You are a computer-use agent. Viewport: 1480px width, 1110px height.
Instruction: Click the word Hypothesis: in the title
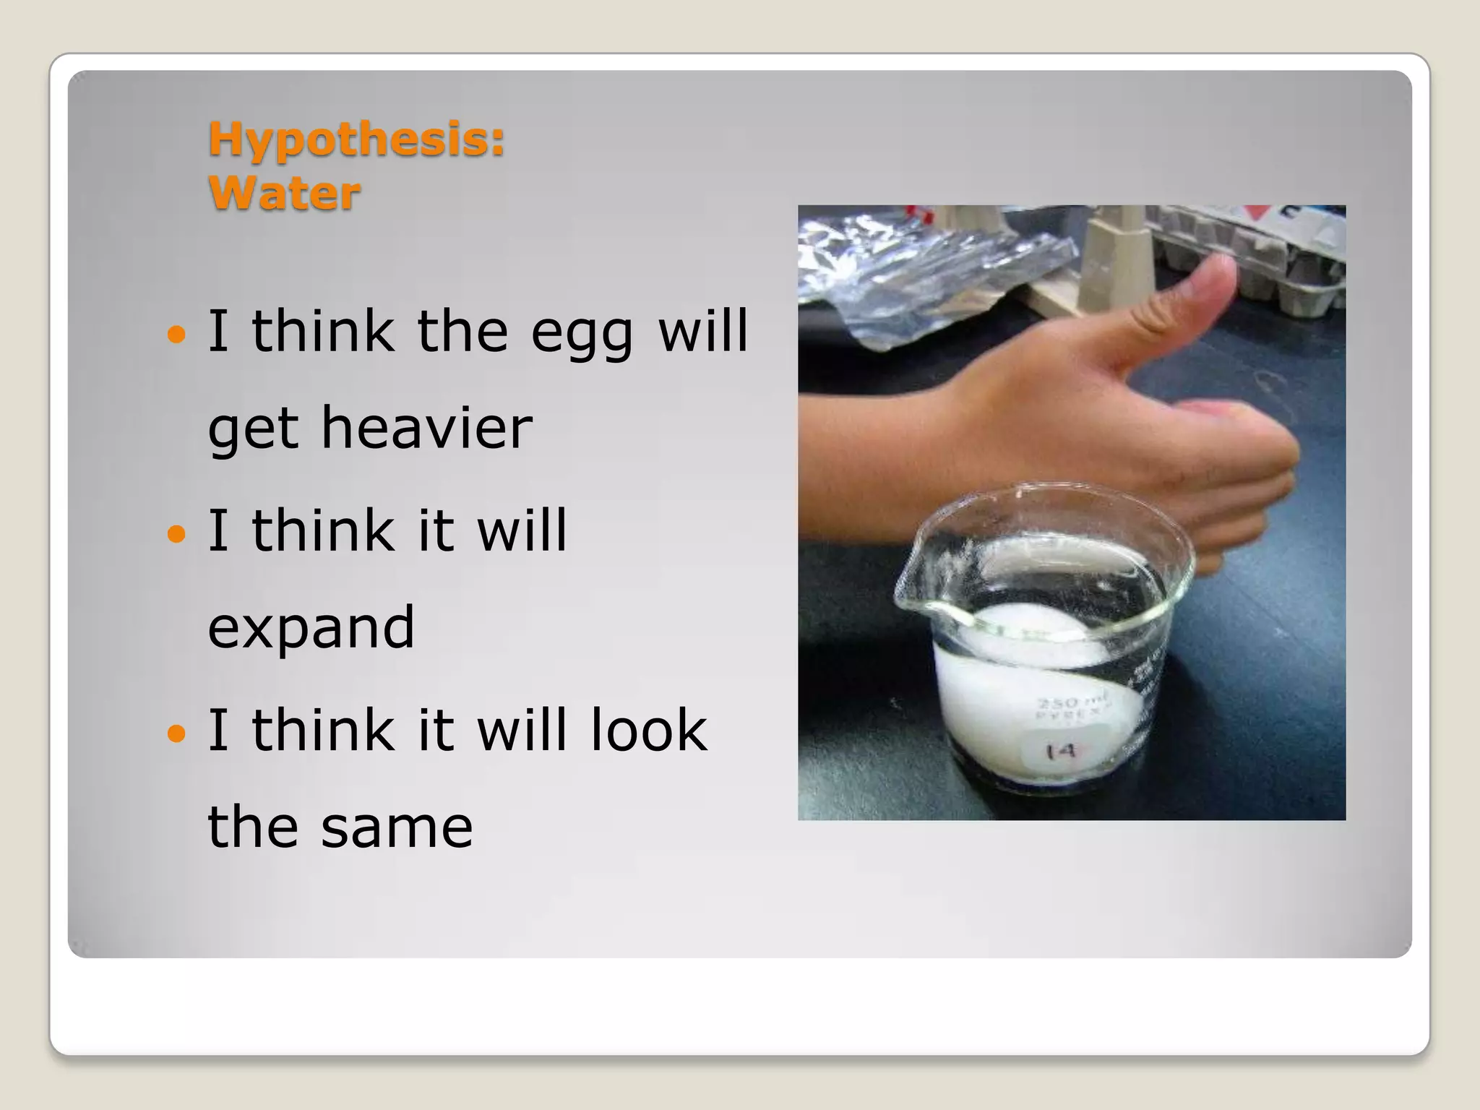(356, 139)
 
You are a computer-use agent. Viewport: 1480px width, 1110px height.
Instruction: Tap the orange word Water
(284, 194)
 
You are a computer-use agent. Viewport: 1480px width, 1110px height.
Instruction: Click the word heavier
(426, 428)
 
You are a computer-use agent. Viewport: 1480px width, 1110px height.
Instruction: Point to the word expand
(311, 627)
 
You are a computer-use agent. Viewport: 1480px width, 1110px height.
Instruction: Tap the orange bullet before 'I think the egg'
(176, 335)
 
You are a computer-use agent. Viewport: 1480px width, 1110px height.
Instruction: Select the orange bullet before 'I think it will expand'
(176, 534)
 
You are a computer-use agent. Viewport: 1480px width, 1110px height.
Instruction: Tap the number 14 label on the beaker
(1061, 752)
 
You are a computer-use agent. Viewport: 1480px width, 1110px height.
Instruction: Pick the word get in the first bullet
(253, 429)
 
